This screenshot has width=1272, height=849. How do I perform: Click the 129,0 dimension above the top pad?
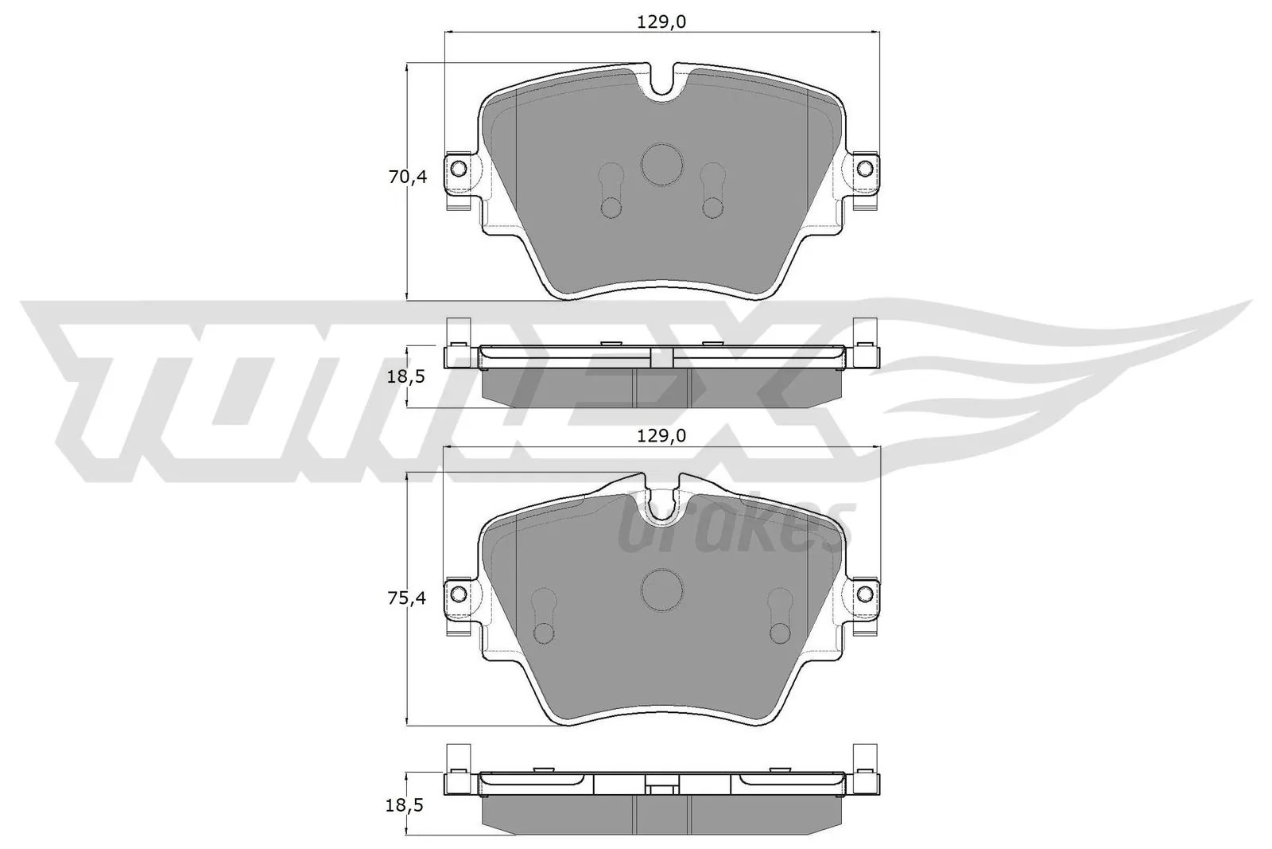[x=661, y=22]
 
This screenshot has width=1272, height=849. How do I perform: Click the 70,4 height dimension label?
[x=407, y=177]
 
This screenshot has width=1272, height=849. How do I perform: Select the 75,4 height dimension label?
[x=407, y=599]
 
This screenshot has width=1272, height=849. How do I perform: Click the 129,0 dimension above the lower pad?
[x=661, y=435]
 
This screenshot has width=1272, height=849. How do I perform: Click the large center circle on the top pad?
[x=661, y=165]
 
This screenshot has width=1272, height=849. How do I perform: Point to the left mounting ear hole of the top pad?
[x=458, y=168]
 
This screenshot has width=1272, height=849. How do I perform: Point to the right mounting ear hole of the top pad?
[x=866, y=168]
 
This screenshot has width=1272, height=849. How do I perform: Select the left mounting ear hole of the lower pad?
[x=458, y=594]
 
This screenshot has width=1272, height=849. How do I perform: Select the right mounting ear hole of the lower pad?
[x=866, y=594]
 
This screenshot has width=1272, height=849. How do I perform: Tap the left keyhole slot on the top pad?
[x=611, y=191]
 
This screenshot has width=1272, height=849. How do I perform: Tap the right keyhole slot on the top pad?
[x=712, y=191]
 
